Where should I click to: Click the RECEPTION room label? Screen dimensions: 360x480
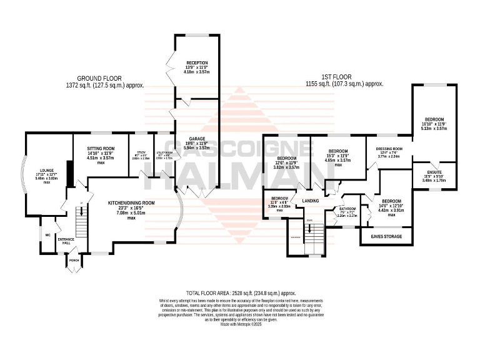coord(197,63)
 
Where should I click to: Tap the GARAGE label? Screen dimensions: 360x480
coord(197,138)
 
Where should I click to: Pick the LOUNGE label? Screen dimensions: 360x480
coord(47,169)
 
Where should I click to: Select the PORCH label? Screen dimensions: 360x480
coord(74,260)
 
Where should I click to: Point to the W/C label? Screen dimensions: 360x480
coord(47,236)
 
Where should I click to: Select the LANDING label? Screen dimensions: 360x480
coord(311,201)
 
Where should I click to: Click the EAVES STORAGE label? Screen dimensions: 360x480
coord(386,237)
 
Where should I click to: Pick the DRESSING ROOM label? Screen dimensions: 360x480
coord(387,149)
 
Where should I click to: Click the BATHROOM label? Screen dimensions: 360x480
coord(347,208)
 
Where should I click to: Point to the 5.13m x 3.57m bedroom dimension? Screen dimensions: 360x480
coord(434,128)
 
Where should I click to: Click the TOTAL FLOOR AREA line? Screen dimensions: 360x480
coord(241,292)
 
